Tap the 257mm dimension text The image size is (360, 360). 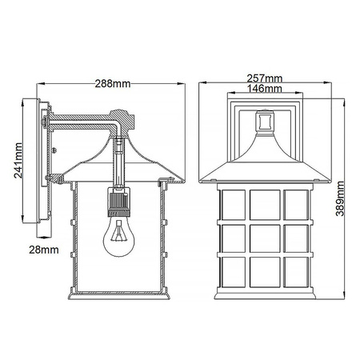pos(265,78)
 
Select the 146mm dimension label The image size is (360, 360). pos(265,90)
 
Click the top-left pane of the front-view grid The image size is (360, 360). pos(235,203)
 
